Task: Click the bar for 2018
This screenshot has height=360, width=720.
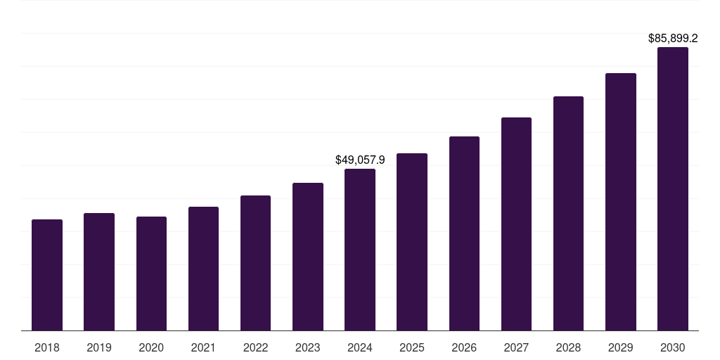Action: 47,275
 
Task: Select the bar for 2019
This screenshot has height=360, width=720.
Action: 99,272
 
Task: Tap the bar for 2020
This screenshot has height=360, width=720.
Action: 151,274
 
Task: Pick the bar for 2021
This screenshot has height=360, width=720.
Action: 203,269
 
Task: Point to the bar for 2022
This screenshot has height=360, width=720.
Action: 255,263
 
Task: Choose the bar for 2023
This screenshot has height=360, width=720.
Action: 308,257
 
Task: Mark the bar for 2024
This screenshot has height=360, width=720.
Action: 360,250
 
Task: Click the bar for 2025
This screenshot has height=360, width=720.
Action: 412,242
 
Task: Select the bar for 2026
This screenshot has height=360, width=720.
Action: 464,233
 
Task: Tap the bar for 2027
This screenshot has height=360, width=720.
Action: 516,224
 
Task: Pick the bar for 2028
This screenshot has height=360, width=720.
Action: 568,214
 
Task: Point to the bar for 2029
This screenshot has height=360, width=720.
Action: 621,202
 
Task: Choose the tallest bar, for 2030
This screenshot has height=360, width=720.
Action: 673,189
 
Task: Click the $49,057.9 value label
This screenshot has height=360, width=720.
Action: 360,160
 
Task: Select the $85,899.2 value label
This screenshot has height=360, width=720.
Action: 673,39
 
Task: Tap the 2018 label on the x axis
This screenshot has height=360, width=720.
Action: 47,347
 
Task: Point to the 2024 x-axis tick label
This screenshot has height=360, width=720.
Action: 360,347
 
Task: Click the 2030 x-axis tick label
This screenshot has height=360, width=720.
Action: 673,347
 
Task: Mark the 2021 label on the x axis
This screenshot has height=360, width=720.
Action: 203,347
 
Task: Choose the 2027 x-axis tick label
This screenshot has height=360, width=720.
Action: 516,347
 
